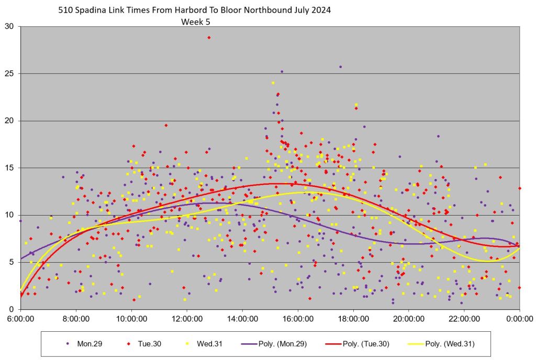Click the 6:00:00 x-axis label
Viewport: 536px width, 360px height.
pyautogui.click(x=20, y=318)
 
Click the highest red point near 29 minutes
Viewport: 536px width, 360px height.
pyautogui.click(x=209, y=38)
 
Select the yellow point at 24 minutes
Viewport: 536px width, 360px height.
pyautogui.click(x=273, y=83)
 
